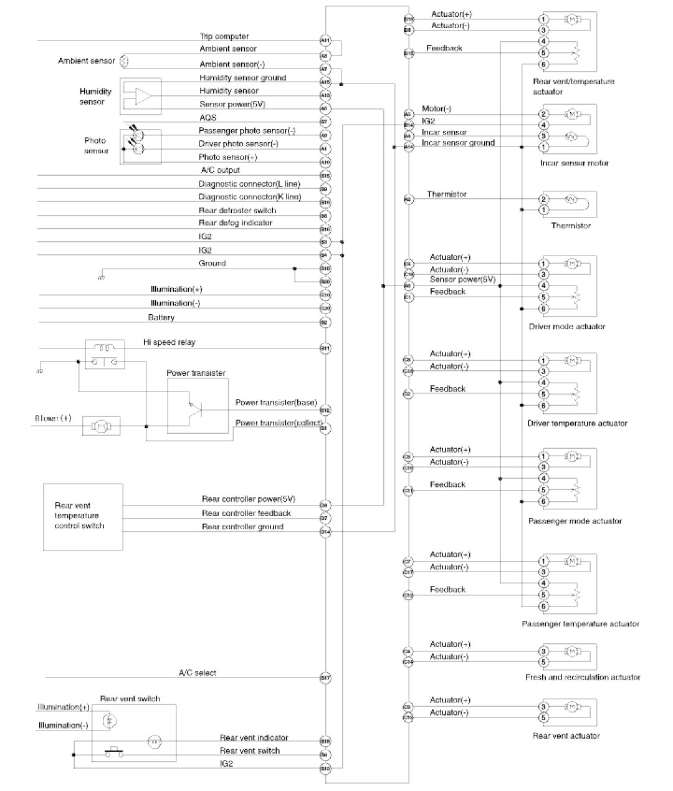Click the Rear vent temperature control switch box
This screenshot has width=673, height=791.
click(82, 516)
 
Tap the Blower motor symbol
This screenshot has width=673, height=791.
click(100, 426)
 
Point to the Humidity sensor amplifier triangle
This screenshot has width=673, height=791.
click(144, 97)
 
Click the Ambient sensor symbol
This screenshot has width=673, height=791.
click(123, 61)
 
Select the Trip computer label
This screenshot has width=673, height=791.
click(224, 37)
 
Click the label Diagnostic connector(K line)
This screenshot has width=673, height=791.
click(249, 197)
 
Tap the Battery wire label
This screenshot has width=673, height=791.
click(161, 318)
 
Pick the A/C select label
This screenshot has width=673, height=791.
click(198, 673)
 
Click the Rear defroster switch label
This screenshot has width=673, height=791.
click(237, 211)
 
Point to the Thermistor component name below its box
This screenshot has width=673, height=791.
click(570, 226)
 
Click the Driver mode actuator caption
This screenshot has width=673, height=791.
click(566, 326)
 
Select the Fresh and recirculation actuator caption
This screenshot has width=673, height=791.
click(582, 677)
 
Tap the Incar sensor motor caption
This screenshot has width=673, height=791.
click(574, 163)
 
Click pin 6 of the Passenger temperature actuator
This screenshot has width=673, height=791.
click(543, 606)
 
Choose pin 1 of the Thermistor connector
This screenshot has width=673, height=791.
click(543, 210)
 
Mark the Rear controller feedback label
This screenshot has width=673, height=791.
click(246, 514)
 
